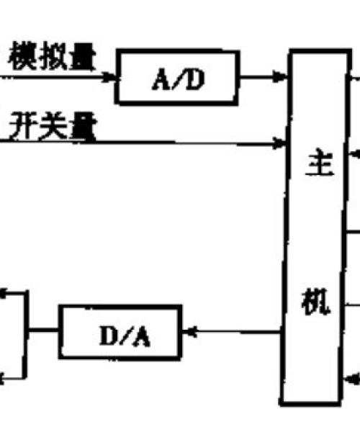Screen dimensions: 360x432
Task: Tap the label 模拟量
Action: pyautogui.click(x=52, y=56)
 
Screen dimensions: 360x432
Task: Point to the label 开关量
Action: pyautogui.click(x=53, y=127)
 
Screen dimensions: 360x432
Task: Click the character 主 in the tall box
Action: pyautogui.click(x=320, y=162)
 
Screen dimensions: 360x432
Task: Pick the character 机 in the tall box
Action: pyautogui.click(x=315, y=302)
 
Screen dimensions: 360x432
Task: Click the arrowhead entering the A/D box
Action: pyautogui.click(x=109, y=77)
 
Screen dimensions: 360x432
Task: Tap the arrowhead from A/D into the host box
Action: pyautogui.click(x=280, y=76)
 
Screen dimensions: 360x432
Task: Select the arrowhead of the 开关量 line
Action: pyautogui.click(x=279, y=143)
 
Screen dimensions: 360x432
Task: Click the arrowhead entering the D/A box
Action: pyautogui.click(x=189, y=331)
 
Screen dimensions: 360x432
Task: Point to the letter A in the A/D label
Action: pyautogui.click(x=161, y=80)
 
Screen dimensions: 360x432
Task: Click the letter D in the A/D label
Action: pyautogui.click(x=195, y=80)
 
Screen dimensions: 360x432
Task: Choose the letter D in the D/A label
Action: pyautogui.click(x=109, y=336)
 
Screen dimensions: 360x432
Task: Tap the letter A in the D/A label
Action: pyautogui.click(x=141, y=337)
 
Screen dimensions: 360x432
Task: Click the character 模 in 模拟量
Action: pyautogui.click(x=22, y=56)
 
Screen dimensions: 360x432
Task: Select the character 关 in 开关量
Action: pyautogui.click(x=53, y=127)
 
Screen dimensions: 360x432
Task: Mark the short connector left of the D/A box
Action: pyautogui.click(x=42, y=330)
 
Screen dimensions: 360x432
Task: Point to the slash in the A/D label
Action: pyautogui.click(x=179, y=80)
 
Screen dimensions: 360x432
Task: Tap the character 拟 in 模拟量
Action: pyautogui.click(x=52, y=56)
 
